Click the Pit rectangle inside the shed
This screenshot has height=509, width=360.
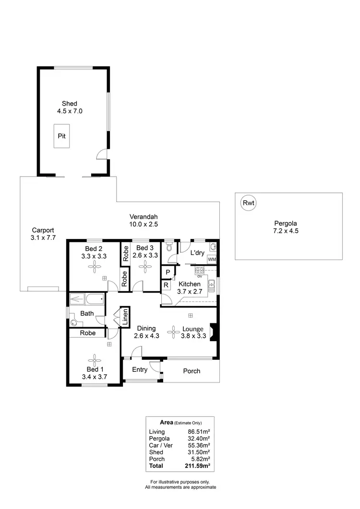(x=61, y=136)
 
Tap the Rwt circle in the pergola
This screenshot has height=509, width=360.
(x=248, y=203)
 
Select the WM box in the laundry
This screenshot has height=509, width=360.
(x=211, y=260)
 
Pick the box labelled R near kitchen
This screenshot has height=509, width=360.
(x=166, y=285)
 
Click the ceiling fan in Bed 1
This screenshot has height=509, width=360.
(x=94, y=359)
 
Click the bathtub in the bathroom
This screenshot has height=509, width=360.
(x=86, y=300)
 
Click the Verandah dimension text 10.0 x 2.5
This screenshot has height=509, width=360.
(x=144, y=224)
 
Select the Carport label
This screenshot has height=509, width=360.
(x=43, y=230)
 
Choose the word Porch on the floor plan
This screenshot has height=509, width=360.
(x=192, y=371)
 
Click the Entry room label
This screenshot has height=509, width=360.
(x=140, y=369)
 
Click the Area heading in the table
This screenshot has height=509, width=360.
(x=173, y=423)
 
